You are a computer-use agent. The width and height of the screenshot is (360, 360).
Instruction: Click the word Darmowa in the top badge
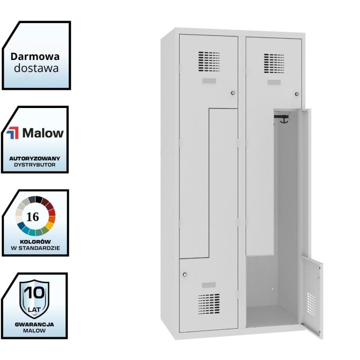[36, 56]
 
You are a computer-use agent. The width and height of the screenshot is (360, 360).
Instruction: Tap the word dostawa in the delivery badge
[36, 68]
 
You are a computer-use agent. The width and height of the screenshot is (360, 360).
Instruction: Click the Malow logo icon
[12, 133]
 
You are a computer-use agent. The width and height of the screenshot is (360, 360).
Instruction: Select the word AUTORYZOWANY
[35, 158]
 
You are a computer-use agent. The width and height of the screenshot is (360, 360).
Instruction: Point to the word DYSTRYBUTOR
[35, 165]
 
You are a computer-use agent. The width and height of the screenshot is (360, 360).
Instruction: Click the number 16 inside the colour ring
[33, 216]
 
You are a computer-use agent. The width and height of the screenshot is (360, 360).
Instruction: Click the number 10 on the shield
[34, 293]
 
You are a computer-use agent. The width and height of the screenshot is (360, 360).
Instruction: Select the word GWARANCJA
[34, 324]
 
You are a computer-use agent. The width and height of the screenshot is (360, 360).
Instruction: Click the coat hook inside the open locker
[283, 118]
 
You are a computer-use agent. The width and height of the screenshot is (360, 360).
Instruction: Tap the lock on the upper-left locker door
[233, 93]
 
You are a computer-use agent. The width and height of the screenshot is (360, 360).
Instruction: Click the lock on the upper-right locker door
[297, 94]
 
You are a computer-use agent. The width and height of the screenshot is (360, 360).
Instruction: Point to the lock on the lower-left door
[185, 275]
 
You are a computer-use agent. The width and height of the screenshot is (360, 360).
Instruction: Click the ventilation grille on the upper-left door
[209, 61]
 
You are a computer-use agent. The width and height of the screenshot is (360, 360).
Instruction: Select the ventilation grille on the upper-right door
[274, 63]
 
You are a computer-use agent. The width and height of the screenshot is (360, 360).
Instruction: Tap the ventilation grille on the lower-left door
[209, 303]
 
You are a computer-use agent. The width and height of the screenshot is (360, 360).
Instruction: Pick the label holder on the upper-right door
[274, 83]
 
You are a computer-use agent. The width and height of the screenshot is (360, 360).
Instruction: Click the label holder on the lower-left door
[209, 285]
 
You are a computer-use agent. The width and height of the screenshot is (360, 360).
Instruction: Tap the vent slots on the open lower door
[312, 303]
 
